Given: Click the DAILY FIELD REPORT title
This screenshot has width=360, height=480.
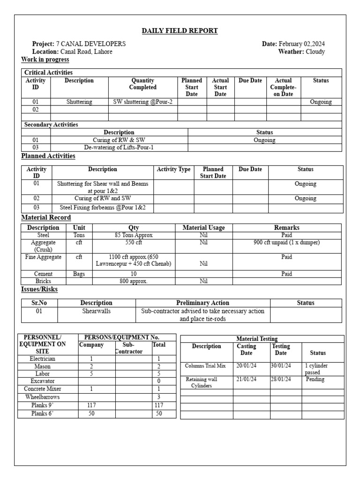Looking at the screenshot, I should coord(180,31).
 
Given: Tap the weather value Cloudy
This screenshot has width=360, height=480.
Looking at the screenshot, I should coord(315,52).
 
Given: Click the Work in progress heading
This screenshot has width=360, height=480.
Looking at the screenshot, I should coord(45,60).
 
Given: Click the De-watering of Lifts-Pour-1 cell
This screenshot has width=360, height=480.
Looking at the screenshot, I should coord(119,147).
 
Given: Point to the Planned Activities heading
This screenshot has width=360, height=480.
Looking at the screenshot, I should coord(48,156).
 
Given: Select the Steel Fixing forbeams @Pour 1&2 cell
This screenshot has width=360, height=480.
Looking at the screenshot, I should coord(103,207).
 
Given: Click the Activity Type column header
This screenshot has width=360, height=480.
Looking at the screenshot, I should coord(173,169).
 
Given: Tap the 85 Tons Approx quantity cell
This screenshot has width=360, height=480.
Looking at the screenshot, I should coord(134,235).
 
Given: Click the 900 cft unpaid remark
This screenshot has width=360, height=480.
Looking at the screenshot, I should coord(286,243).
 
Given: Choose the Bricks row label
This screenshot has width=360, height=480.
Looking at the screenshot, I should coord(43,281).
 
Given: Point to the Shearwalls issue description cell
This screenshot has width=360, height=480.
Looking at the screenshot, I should coord(96,311).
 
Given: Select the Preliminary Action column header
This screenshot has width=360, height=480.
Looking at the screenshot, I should coord(202,303).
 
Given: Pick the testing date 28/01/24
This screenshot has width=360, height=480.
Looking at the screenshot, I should coord(281,379).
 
